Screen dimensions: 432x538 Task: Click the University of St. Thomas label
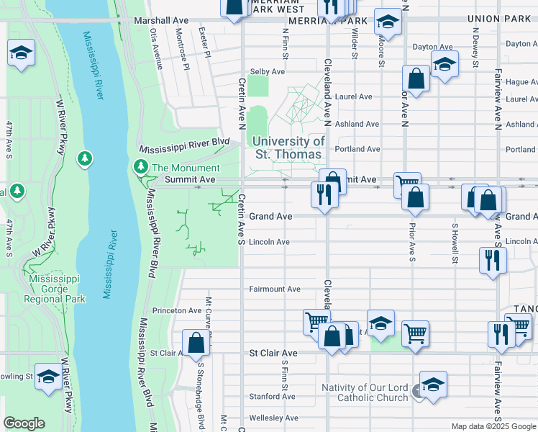288,148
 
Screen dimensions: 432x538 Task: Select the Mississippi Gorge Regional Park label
54,288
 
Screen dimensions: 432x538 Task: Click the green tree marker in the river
85,158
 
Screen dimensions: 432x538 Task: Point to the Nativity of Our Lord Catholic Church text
365,392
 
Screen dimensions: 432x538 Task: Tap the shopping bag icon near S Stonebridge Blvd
196,343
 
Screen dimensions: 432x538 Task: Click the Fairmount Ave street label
274,289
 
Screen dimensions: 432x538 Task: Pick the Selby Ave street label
267,72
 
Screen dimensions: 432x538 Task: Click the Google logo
24,423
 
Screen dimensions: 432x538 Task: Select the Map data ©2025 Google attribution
493,426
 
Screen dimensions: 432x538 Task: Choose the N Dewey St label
475,46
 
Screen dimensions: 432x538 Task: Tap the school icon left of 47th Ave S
21,53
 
